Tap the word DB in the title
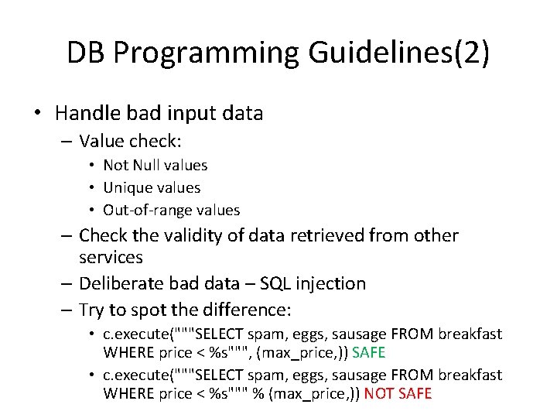(86, 53)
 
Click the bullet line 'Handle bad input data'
(159, 113)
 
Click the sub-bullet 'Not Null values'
(155, 165)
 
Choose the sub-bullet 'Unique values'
(152, 187)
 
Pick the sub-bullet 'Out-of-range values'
(171, 210)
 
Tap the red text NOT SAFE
(398, 393)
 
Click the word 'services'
(111, 257)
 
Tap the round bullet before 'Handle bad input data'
(37, 114)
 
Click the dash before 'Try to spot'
(64, 310)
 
